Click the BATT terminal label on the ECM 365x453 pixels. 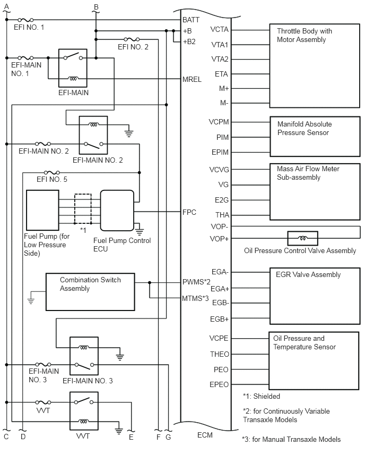tap(191, 20)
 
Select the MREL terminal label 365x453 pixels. tap(192, 79)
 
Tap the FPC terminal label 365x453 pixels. tap(189, 212)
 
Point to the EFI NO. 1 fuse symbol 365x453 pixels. tap(25, 20)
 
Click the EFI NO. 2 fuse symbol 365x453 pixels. tap(132, 39)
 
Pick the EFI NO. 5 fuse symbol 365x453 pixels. tap(52, 173)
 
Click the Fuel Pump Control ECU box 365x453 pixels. tap(117, 211)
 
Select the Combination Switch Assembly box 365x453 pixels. tap(90, 292)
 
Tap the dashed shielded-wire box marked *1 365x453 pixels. tap(83, 208)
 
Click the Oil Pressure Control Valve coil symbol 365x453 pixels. tap(303, 238)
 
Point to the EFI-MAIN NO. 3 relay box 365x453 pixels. tap(84, 356)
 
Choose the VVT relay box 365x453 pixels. tap(84, 411)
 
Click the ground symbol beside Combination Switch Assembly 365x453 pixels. tap(31, 301)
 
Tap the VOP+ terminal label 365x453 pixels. tap(219, 239)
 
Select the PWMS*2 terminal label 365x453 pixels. tap(196, 282)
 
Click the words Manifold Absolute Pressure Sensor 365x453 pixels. tap(305, 128)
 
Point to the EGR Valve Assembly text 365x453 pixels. tap(308, 274)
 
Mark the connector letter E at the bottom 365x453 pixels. tap(131, 438)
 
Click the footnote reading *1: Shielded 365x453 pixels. tap(262, 396)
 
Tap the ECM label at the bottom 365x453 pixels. tap(205, 435)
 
